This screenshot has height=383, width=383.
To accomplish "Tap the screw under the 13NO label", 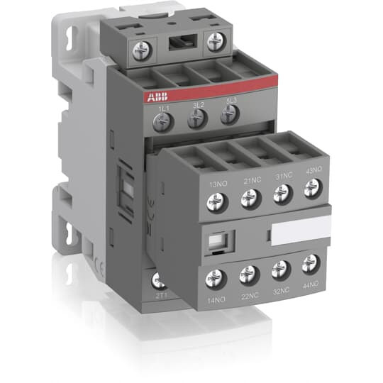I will pos(214,204).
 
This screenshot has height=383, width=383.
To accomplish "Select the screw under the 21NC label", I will pos(248,199).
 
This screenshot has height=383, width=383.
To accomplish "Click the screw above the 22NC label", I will pos(248,273).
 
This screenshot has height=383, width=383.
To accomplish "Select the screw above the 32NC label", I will pos(281,268).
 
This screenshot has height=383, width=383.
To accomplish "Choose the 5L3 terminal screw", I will pos(227,116).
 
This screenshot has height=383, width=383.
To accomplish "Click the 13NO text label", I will pos(217,184).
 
